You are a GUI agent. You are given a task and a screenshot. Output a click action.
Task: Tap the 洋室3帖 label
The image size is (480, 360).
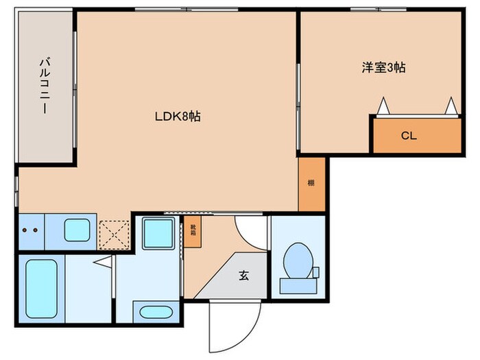pos(383,68)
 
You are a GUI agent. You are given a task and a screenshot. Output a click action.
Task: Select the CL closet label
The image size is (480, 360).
pos(409,136)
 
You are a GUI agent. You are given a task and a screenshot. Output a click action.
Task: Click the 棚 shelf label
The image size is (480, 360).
pos(311,183)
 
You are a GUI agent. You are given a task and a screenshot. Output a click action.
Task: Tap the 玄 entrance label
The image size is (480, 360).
pos(243,276)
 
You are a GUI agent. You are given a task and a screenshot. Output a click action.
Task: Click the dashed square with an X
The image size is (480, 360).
pos(114,233)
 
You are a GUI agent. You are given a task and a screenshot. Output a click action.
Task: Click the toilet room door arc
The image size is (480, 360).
pos(250,230)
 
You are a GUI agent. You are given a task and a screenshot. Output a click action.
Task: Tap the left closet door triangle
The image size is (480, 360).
pos(382,106)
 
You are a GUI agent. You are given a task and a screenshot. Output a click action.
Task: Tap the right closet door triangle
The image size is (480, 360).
pos(451,106)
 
